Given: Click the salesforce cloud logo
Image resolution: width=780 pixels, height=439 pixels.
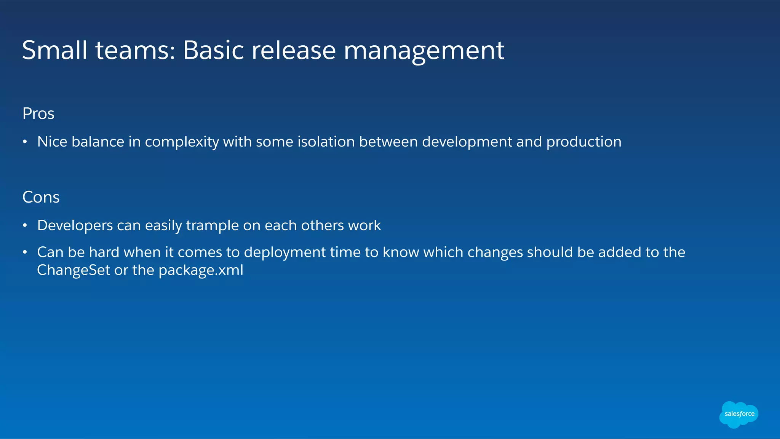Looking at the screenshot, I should pos(738,414).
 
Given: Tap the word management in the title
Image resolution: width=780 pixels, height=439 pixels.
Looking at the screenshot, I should pos(424,51).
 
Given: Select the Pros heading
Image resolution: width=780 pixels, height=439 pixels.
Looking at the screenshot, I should pos(38,113).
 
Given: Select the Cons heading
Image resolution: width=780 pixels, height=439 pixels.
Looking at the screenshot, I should pos(41,197).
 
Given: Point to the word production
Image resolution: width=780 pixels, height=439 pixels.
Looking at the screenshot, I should pos(583,142).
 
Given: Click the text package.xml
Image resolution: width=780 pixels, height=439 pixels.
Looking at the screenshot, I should pos(201,271).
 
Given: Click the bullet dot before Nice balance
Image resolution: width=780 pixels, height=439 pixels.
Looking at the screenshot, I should pos(25,142).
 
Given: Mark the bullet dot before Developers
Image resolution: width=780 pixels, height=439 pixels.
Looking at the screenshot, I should pos(25,226).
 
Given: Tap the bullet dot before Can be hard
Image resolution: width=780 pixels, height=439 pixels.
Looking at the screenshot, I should pos(25,252).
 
